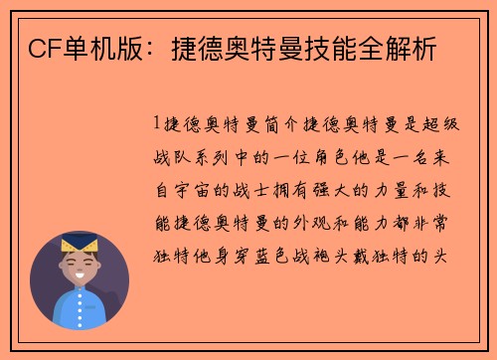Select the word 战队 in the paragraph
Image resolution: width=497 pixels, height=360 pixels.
pos(175,156)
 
